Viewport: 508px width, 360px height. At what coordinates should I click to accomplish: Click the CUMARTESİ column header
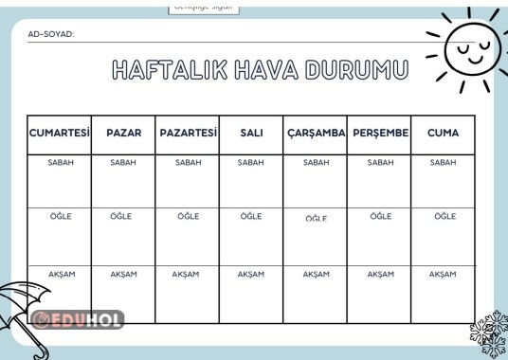[x=60, y=134]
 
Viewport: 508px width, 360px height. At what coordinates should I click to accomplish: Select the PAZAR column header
[x=123, y=134]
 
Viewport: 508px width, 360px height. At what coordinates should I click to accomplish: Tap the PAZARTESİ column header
[x=188, y=134]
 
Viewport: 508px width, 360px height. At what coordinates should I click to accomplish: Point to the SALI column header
[x=251, y=134]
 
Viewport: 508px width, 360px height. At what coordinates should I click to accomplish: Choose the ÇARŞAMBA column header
[x=316, y=134]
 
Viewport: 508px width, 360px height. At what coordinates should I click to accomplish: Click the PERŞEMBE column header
[x=380, y=134]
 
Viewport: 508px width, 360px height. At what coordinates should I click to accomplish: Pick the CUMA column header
[x=443, y=134]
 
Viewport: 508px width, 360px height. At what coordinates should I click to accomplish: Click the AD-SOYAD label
[x=51, y=34]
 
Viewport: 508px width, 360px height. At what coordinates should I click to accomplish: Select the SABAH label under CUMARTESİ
[x=60, y=163]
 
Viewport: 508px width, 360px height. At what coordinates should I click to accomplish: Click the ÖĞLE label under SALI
[x=251, y=216]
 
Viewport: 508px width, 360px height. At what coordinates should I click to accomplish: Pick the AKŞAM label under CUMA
[x=443, y=274]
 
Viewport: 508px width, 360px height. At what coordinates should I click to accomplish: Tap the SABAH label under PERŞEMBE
[x=380, y=163]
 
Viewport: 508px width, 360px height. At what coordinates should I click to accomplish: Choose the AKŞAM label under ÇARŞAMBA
[x=316, y=274]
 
